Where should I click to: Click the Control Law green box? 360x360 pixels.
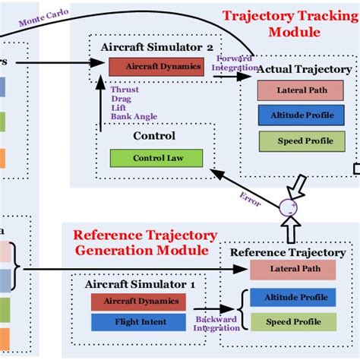click(156, 159)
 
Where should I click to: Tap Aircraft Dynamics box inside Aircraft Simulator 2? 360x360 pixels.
click(156, 67)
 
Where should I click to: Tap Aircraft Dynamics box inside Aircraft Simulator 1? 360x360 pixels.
click(137, 302)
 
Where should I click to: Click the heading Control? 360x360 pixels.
click(154, 137)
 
